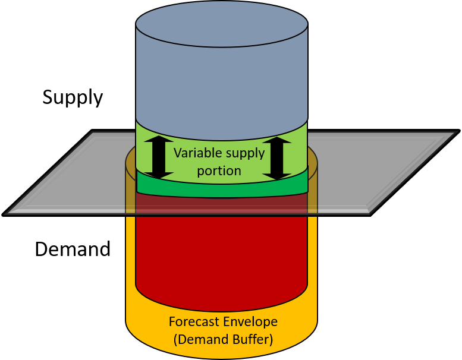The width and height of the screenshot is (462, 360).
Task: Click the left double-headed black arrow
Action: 159,157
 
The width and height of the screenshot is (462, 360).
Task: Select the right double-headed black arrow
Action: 276,157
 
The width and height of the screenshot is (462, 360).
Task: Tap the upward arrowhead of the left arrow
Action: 159,141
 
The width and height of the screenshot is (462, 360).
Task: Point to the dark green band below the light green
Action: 221,189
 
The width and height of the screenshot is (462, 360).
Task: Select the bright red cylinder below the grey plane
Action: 221,255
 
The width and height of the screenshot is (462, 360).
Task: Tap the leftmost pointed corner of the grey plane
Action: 6,213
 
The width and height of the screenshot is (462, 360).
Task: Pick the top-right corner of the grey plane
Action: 455,132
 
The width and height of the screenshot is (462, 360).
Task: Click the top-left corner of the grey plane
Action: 93,132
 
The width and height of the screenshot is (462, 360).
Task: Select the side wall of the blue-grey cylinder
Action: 221,89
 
